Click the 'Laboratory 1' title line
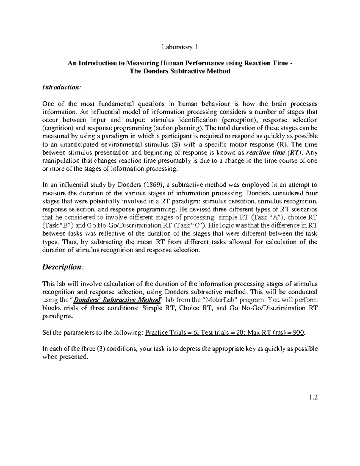180,47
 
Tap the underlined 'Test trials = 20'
221,333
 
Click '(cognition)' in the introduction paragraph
55,128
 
